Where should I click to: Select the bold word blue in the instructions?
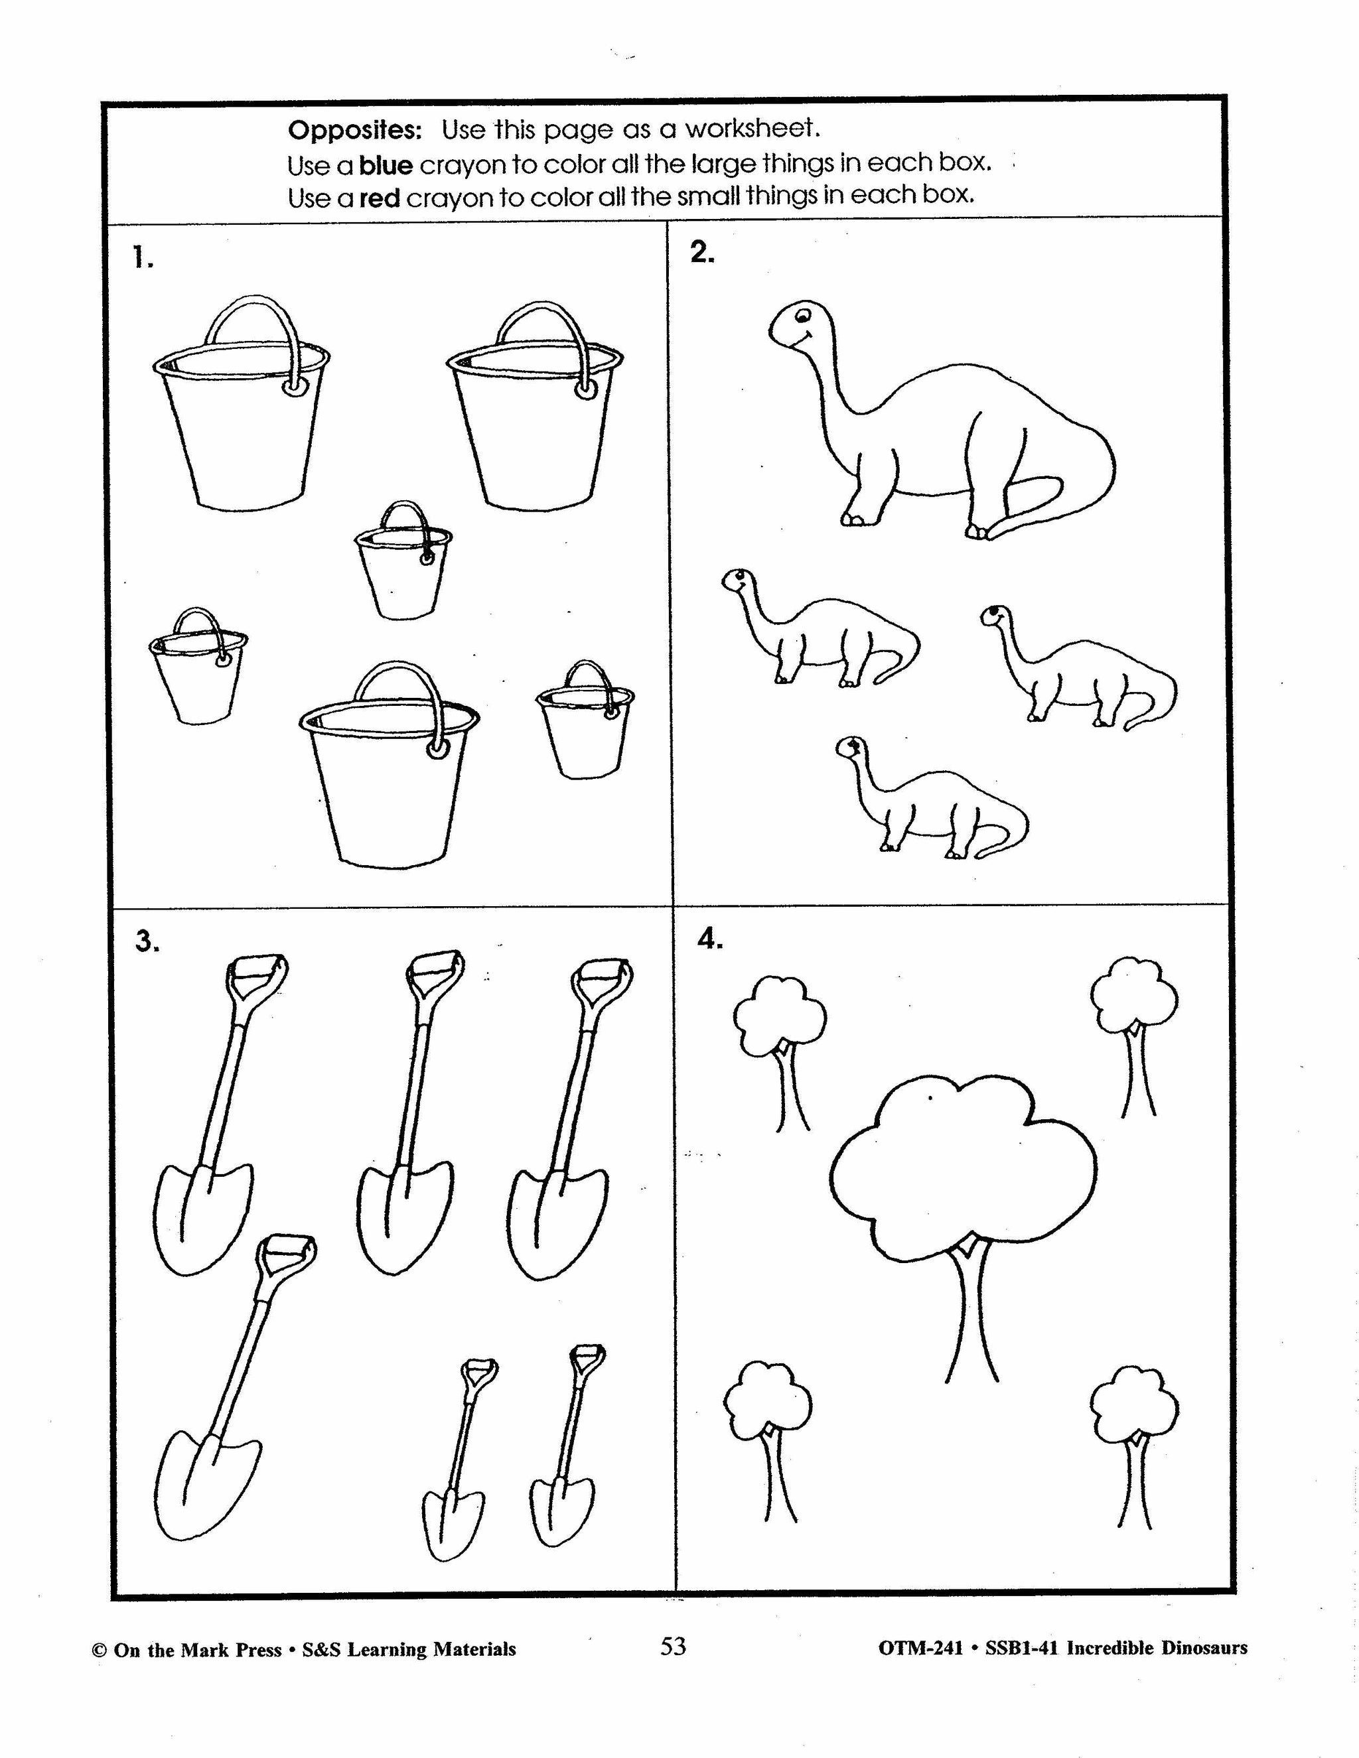pos(386,165)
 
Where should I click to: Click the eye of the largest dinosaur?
pos(802,316)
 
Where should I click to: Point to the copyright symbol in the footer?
pos(100,1650)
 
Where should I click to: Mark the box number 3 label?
pos(146,942)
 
